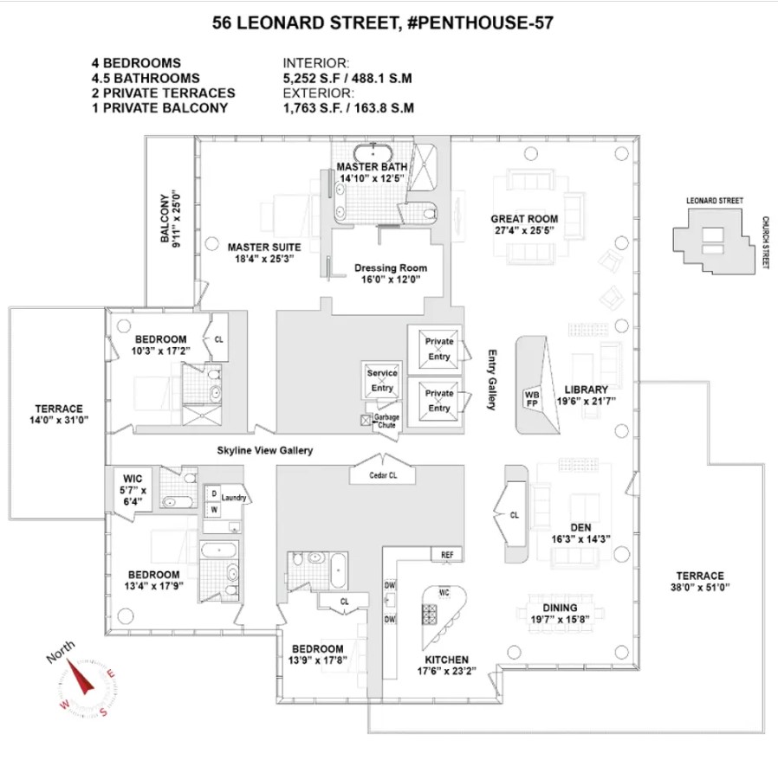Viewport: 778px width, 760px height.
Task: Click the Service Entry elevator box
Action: pyautogui.click(x=381, y=381)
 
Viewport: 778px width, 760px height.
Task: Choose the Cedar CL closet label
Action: pyautogui.click(x=381, y=474)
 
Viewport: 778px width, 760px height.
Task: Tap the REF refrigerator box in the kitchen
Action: pyautogui.click(x=447, y=555)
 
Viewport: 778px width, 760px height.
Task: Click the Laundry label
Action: pyautogui.click(x=234, y=498)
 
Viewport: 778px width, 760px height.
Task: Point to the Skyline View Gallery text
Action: pyautogui.click(x=264, y=450)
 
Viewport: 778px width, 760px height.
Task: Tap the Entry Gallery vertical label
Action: pyautogui.click(x=490, y=379)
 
